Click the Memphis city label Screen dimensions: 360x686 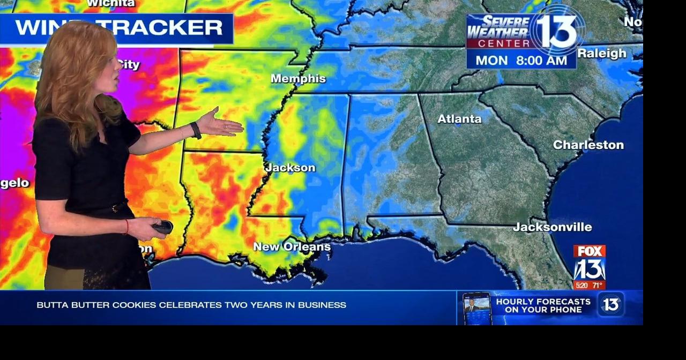(x=298, y=79)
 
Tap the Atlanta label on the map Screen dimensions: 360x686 (x=459, y=119)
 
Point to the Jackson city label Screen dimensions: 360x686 (x=290, y=168)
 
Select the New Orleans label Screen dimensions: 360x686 (x=292, y=247)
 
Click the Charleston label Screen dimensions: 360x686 (x=588, y=145)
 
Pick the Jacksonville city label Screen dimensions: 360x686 (x=552, y=227)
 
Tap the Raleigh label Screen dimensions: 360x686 (x=601, y=54)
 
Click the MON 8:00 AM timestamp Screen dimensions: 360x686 (x=521, y=61)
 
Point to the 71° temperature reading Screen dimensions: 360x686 (x=597, y=285)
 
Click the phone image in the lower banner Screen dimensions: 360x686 (x=476, y=308)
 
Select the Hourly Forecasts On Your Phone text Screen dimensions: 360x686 (x=543, y=305)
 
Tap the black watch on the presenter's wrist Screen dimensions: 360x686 (x=196, y=130)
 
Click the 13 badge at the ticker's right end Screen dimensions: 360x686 (x=610, y=304)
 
